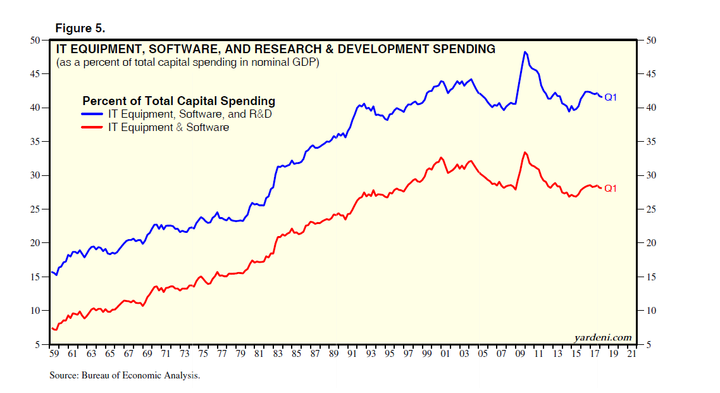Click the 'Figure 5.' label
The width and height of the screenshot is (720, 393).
(x=80, y=28)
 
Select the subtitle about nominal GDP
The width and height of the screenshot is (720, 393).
(x=187, y=63)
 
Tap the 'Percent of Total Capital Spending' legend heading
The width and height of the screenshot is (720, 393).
(x=178, y=101)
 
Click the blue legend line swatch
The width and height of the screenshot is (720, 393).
(x=92, y=115)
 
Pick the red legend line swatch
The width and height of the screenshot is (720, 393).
(x=92, y=127)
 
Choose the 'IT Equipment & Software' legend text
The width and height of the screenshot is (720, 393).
(x=168, y=127)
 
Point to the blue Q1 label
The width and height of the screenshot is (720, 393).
(x=610, y=97)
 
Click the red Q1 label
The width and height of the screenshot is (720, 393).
(x=610, y=189)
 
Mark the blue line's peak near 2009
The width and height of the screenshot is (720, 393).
(x=524, y=52)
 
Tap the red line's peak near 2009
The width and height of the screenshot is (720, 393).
(x=524, y=152)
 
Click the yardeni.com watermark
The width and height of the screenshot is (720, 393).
(x=603, y=337)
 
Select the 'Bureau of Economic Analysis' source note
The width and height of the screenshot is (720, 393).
(x=125, y=375)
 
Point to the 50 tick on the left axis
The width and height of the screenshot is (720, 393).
(x=35, y=41)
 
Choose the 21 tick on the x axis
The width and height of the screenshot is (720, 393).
(x=631, y=354)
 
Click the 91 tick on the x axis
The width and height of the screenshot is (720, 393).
(x=351, y=354)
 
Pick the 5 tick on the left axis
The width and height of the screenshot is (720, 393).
(x=37, y=345)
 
